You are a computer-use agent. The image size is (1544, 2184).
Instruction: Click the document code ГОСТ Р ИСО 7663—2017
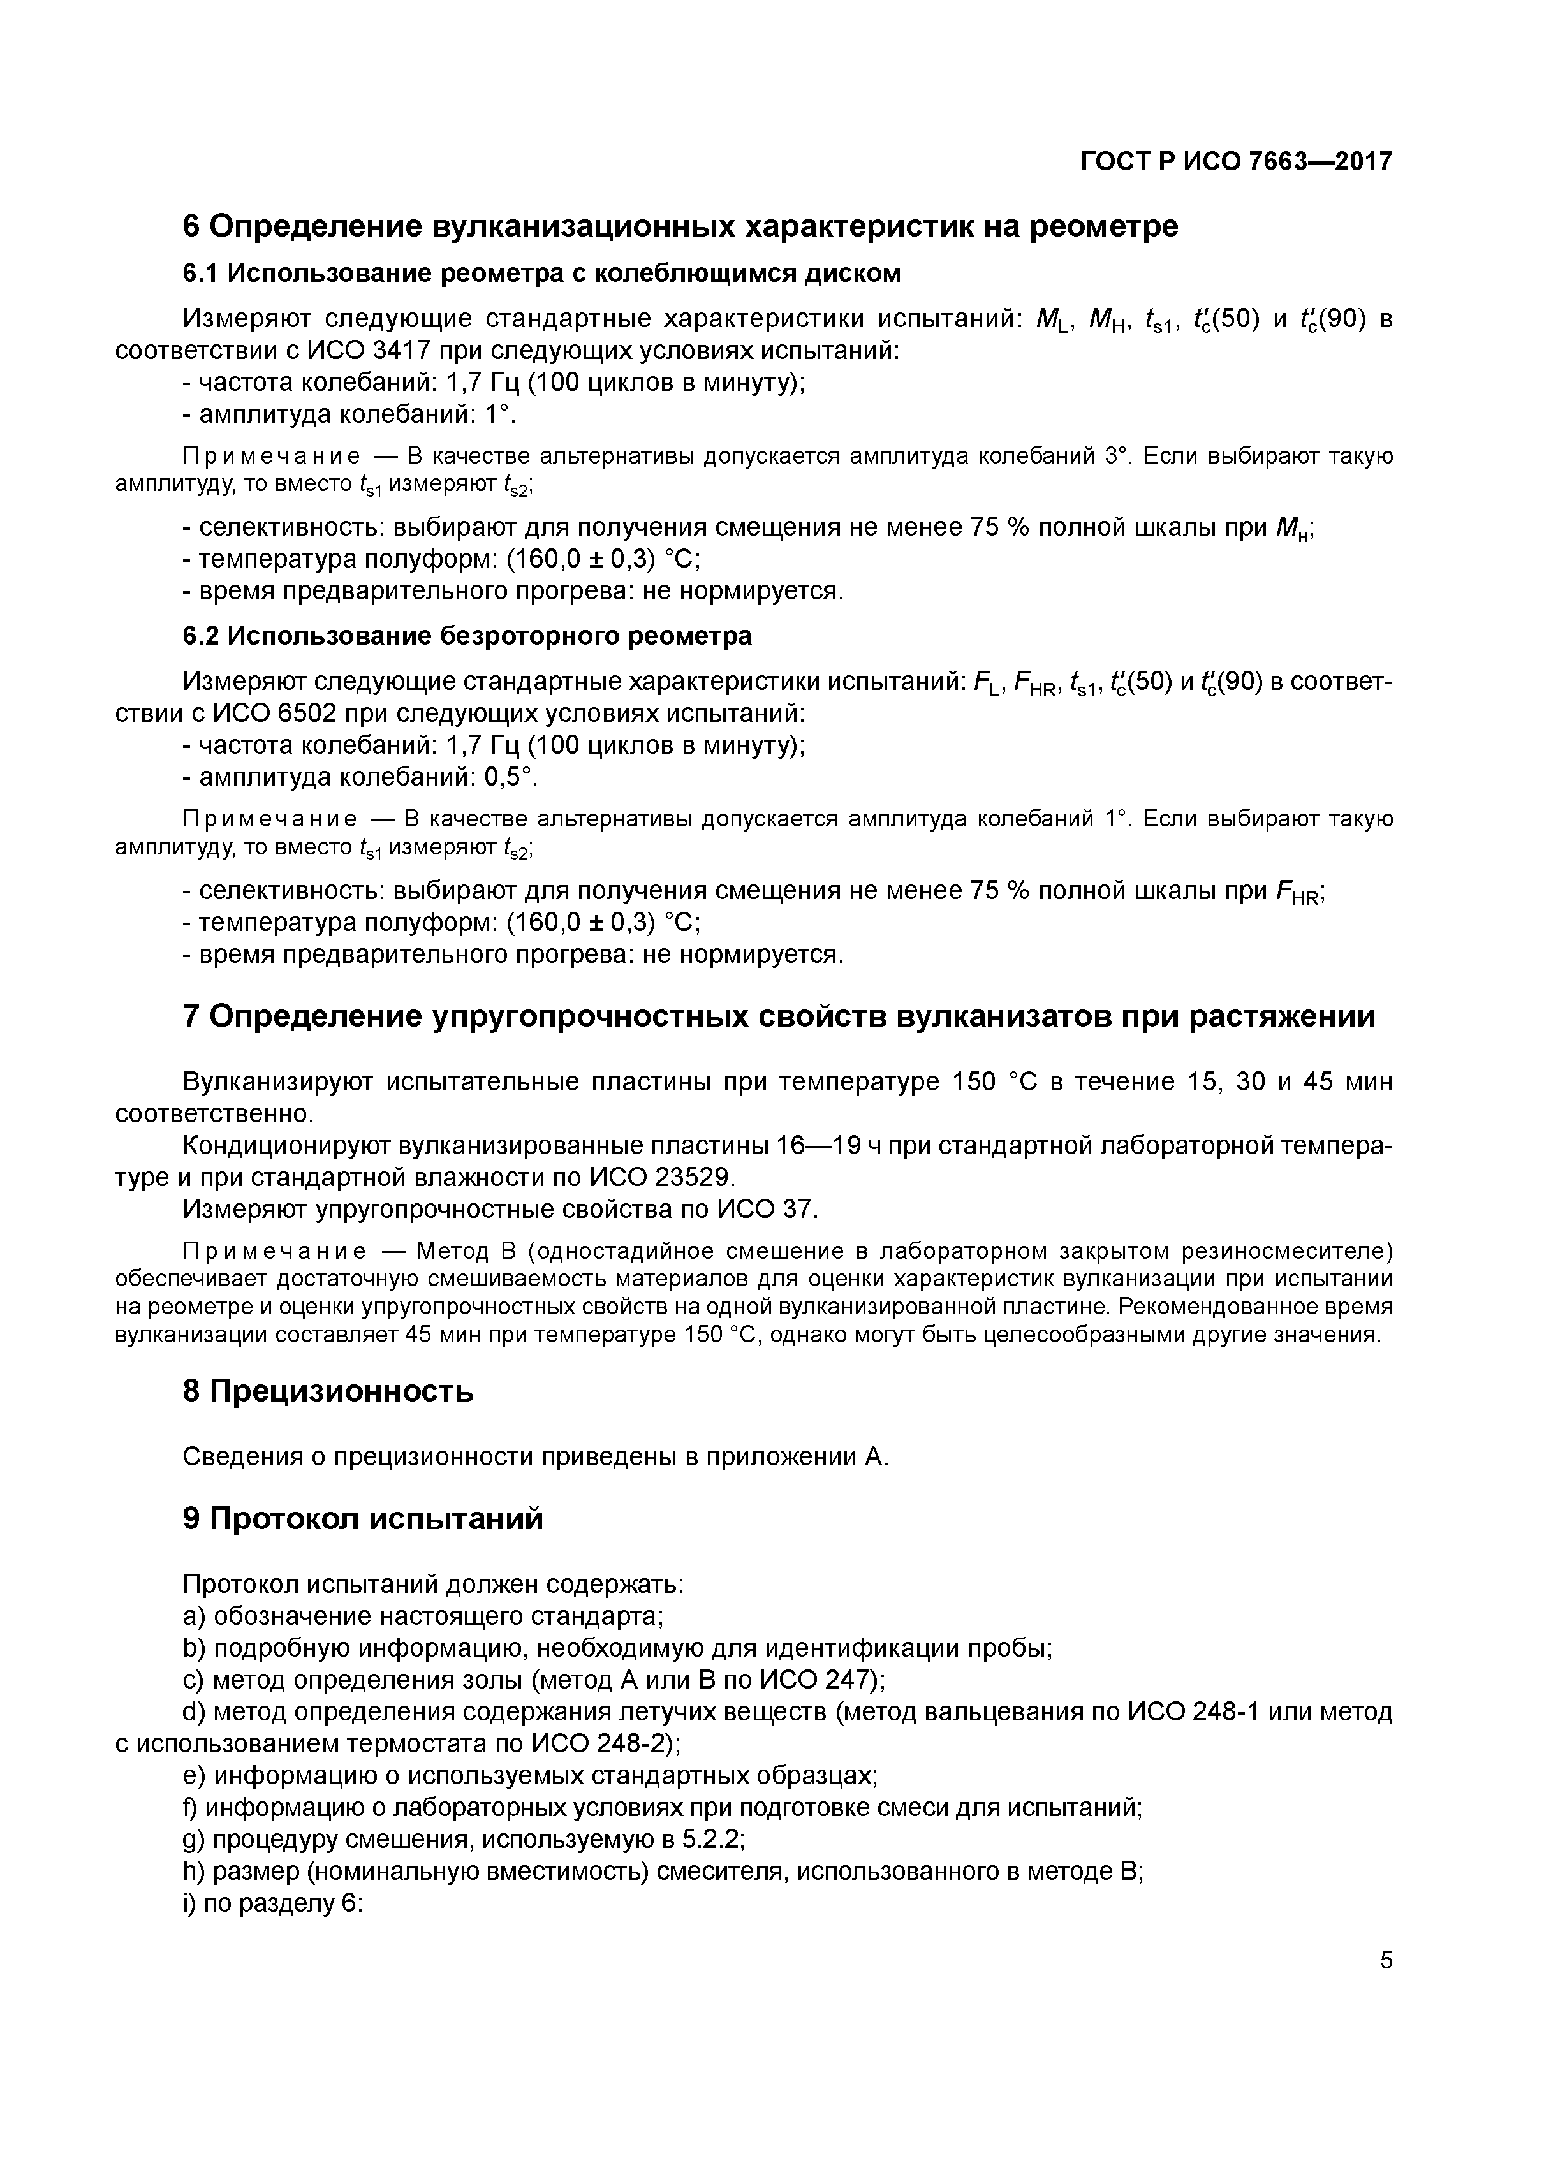click(x=1236, y=162)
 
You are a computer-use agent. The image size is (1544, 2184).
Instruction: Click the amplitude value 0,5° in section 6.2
click(x=510, y=777)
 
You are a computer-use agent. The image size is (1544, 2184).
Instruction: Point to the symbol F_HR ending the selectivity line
click(x=1298, y=892)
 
